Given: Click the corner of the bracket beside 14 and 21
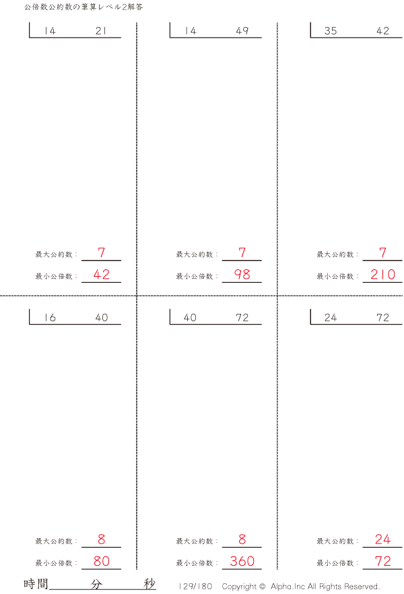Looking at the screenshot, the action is pos(30,38).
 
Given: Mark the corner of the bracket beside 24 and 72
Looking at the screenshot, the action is pos(310,325).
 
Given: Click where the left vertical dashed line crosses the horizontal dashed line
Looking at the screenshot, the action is pos(137,296).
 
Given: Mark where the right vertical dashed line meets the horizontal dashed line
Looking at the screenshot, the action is pos(277,296).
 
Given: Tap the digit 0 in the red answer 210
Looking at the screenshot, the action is pos(391,274).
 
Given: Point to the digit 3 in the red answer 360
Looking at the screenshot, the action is pos(234,561).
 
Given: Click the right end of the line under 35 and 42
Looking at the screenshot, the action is pos(402,38).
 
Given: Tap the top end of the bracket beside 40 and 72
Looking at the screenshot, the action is pos(170,309).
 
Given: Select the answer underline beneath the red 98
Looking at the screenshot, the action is pos(242,282).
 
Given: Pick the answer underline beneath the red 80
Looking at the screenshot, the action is pos(101,569).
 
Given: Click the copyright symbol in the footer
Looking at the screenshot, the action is pos(263,587).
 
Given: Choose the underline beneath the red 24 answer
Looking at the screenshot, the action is pos(382,547).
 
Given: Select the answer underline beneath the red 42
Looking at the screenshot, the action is pos(101,282).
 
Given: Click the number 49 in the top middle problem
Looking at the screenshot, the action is pos(242,31).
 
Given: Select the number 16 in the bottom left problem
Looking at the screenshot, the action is pos(50,317).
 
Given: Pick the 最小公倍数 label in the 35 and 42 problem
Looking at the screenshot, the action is pos(335,276).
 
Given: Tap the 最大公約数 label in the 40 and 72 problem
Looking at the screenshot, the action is pos(195,541).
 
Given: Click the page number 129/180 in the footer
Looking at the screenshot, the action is pos(195,587).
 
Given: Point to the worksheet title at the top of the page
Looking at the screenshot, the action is pos(83,7).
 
